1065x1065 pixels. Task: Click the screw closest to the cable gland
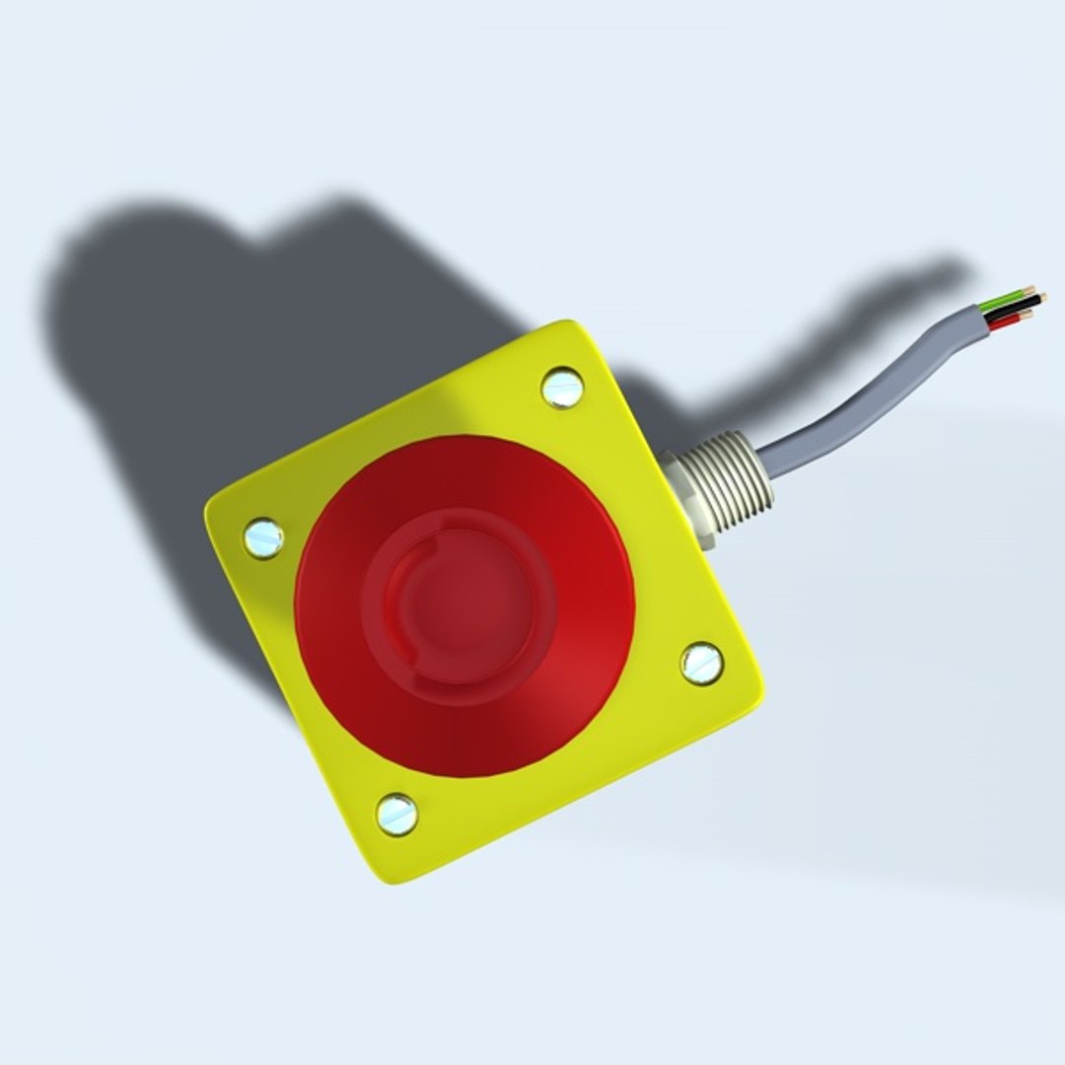pyautogui.click(x=562, y=388)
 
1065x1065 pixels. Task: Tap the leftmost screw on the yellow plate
pyautogui.click(x=263, y=538)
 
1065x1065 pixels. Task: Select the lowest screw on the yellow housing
pyautogui.click(x=396, y=815)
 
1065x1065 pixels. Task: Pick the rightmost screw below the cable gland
pyautogui.click(x=702, y=663)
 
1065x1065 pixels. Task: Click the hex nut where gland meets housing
pyautogui.click(x=686, y=498)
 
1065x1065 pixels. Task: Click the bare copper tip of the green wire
pyautogui.click(x=1030, y=290)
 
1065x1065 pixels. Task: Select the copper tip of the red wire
pyautogui.click(x=1026, y=315)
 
